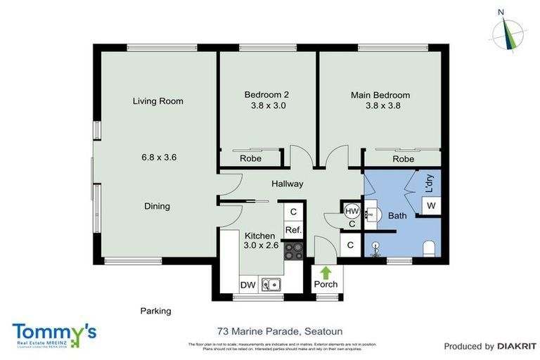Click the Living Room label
click(157, 101)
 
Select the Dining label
click(157, 206)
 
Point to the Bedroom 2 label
click(266, 95)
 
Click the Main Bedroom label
click(380, 95)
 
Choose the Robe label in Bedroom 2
click(250, 159)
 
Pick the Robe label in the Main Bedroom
click(403, 160)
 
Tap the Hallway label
click(288, 184)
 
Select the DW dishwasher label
click(247, 285)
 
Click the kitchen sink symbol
click(271, 285)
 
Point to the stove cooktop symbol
click(293, 250)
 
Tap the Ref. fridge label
click(293, 229)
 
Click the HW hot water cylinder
click(352, 210)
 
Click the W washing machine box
click(430, 205)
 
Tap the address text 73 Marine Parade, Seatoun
click(269, 330)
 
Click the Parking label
click(155, 310)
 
